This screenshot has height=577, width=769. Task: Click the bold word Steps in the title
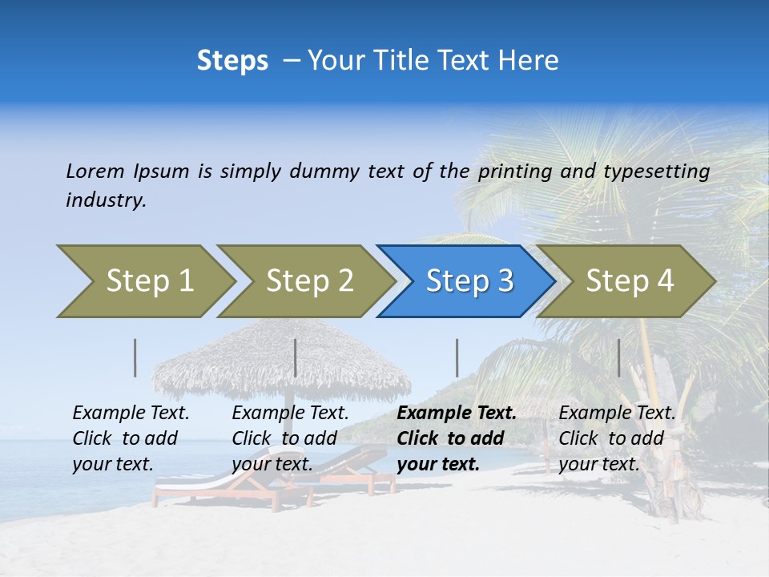pyautogui.click(x=232, y=61)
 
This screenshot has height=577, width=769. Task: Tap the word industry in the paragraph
pyautogui.click(x=106, y=200)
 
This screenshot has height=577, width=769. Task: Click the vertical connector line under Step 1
pyautogui.click(x=135, y=357)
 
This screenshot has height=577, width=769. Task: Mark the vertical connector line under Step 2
pyautogui.click(x=296, y=357)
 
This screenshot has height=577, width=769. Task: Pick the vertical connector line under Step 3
pyautogui.click(x=457, y=357)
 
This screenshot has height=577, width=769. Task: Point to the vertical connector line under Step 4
pyautogui.click(x=618, y=357)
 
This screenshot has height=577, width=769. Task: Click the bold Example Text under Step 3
pyautogui.click(x=457, y=413)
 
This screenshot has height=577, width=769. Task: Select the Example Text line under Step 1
pyautogui.click(x=131, y=413)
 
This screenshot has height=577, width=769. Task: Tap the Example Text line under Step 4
pyautogui.click(x=617, y=413)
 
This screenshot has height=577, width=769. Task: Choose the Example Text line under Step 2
pyautogui.click(x=290, y=413)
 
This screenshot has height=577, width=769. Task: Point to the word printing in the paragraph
pyautogui.click(x=515, y=171)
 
